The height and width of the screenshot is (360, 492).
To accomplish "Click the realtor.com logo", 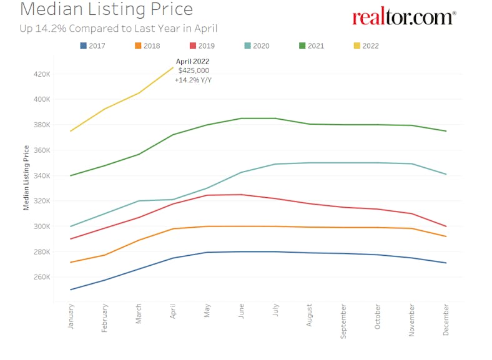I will click(x=404, y=17).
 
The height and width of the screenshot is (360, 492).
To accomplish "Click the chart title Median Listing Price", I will click(x=106, y=9).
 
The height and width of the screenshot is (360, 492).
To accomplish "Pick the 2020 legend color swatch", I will click(x=247, y=46).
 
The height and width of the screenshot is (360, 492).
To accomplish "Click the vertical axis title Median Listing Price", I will click(x=26, y=177).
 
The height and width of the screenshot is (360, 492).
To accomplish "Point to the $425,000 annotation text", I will click(x=193, y=71).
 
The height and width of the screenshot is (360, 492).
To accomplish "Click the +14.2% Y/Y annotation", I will click(x=193, y=80).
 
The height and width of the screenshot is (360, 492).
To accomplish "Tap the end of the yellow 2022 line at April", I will click(x=173, y=67).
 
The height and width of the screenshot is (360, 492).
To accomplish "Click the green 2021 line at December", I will click(x=446, y=131).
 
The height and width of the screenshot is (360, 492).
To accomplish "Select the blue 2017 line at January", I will click(x=71, y=289).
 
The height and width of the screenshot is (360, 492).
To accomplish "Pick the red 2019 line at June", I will click(x=241, y=195).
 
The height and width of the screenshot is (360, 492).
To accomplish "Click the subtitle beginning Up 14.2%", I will click(x=119, y=28).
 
